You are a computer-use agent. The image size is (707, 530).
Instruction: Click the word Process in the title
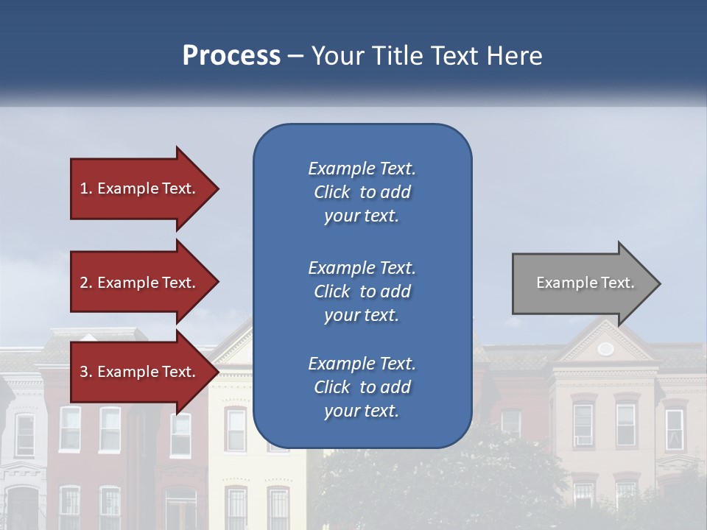click(x=231, y=56)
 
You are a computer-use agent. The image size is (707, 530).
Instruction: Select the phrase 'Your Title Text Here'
click(x=426, y=56)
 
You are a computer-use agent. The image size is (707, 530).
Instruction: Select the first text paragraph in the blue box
click(x=362, y=192)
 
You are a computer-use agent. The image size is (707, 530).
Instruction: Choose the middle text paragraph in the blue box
click(x=362, y=291)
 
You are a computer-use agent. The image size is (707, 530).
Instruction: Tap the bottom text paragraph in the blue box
click(x=362, y=386)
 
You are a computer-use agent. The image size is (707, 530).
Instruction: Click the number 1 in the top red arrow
click(x=84, y=188)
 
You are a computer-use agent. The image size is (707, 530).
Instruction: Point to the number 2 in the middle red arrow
click(x=84, y=283)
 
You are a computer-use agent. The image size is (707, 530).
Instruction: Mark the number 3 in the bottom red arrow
click(x=84, y=372)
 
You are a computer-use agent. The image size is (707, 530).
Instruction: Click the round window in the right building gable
click(x=605, y=349)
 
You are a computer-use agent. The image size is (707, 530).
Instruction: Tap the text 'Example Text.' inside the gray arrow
click(x=585, y=283)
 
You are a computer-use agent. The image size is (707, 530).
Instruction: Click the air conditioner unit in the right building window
click(x=583, y=439)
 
